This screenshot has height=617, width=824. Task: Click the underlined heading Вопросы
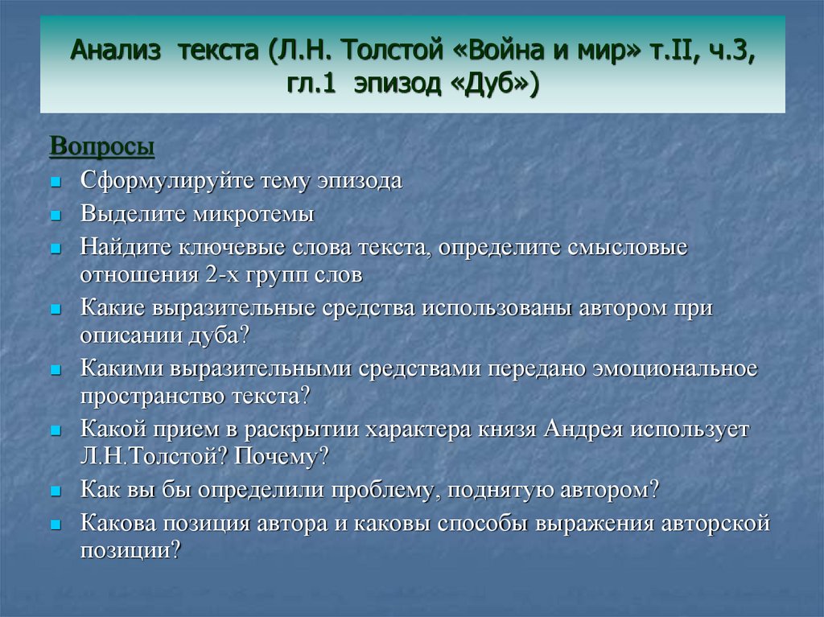click(x=102, y=146)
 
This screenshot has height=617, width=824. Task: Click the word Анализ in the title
click(x=115, y=51)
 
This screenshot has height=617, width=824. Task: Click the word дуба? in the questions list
click(x=218, y=335)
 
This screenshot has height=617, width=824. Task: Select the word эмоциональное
click(x=675, y=368)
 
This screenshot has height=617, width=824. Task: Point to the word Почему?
click(x=281, y=456)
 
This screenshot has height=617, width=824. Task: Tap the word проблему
click(x=383, y=491)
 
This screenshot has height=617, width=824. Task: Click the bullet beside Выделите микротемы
click(x=56, y=216)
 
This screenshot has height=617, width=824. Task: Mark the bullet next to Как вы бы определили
click(x=56, y=492)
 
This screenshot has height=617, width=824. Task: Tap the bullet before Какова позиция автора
click(x=56, y=524)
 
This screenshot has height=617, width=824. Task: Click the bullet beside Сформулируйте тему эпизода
click(x=56, y=183)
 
